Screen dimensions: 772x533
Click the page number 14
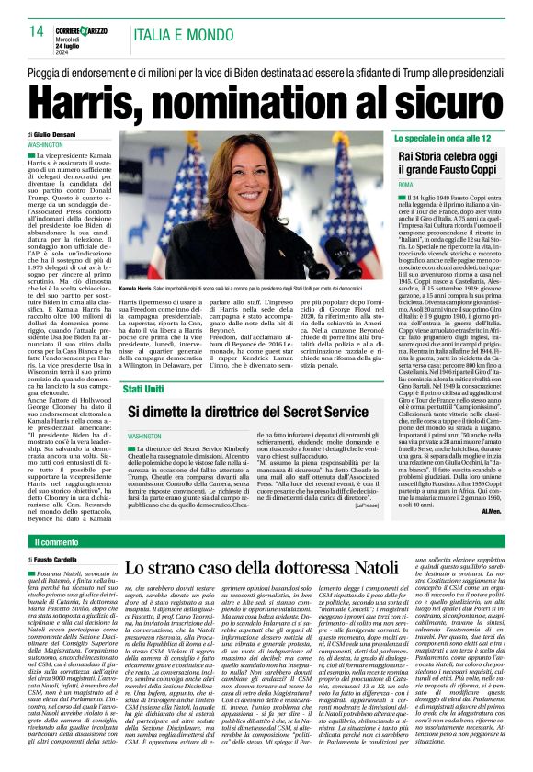coord(36,30)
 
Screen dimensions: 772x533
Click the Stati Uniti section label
coord(144,363)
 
